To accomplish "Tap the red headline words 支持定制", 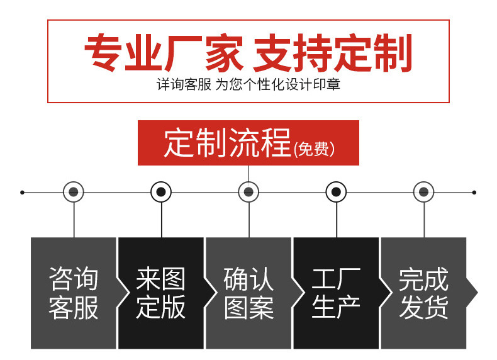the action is click(333, 53).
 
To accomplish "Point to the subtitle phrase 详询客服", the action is click(184, 84).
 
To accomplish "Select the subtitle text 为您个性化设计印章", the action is click(278, 84).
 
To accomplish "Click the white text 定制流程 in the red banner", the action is click(227, 143).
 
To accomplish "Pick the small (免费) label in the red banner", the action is click(314, 149).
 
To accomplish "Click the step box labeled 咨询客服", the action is click(74, 293).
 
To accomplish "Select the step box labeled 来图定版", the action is click(161, 293).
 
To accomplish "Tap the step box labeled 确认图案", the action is click(248, 293).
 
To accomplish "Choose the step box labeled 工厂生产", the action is click(336, 293).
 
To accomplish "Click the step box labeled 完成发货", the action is click(424, 293).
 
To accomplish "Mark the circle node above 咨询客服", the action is click(74, 192).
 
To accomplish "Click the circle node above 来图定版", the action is click(161, 192).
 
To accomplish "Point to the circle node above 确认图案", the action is click(248, 192).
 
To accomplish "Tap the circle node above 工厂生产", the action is click(336, 192).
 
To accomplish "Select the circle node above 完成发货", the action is click(424, 192).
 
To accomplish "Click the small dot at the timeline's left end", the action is click(22, 193).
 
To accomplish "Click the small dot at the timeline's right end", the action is click(474, 193).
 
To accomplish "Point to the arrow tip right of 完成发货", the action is click(477, 293).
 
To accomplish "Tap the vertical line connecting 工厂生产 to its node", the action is click(337, 220).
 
